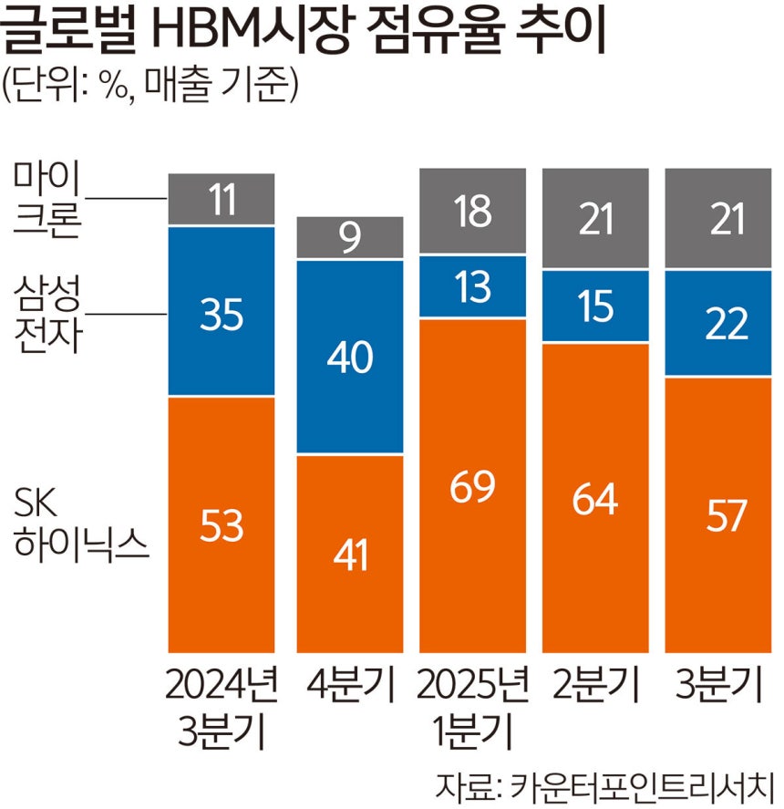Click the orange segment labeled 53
coord(222,524)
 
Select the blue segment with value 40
coord(350,357)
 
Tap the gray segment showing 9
coord(350,238)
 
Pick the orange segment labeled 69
coord(472,485)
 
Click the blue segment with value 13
coord(472,286)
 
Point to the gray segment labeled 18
coord(472,212)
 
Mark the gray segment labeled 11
coord(222,198)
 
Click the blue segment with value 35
coord(222,311)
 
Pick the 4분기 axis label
coord(350,686)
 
